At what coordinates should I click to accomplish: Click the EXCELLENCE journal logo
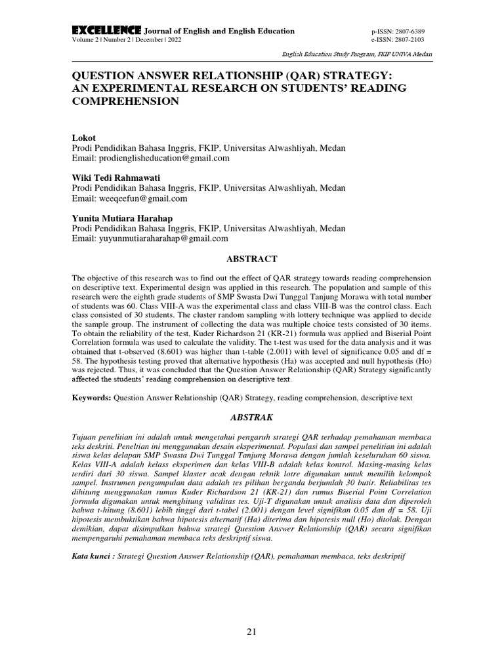click(106, 30)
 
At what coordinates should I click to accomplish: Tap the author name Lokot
click(83, 138)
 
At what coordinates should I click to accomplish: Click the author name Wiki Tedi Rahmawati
click(115, 178)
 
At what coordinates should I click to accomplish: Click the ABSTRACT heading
click(251, 259)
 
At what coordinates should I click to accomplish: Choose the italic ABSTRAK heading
click(251, 417)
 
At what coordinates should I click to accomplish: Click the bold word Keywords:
click(91, 397)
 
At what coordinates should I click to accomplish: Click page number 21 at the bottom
click(252, 632)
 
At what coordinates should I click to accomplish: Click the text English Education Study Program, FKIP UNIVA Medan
click(357, 55)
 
